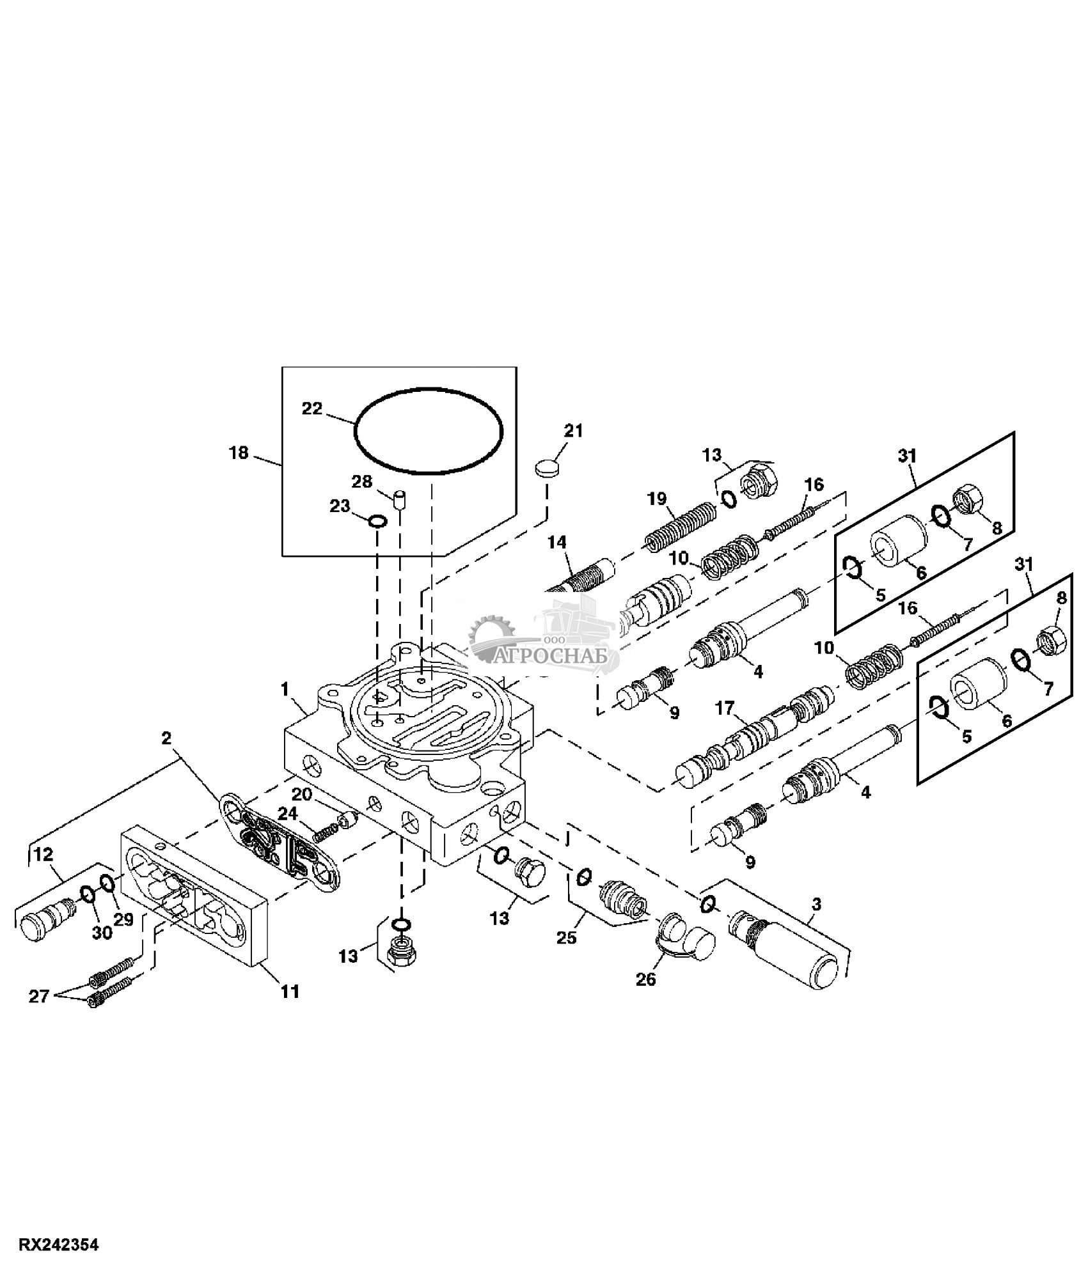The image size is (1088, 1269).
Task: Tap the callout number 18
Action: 239,453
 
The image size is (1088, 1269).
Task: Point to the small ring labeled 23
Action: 378,521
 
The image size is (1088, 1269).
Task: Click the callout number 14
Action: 557,542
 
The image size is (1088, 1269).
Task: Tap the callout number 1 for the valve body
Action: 285,689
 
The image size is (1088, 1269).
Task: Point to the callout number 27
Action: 39,996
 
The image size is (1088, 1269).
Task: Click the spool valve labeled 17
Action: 755,736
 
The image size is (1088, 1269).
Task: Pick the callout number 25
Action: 567,937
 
